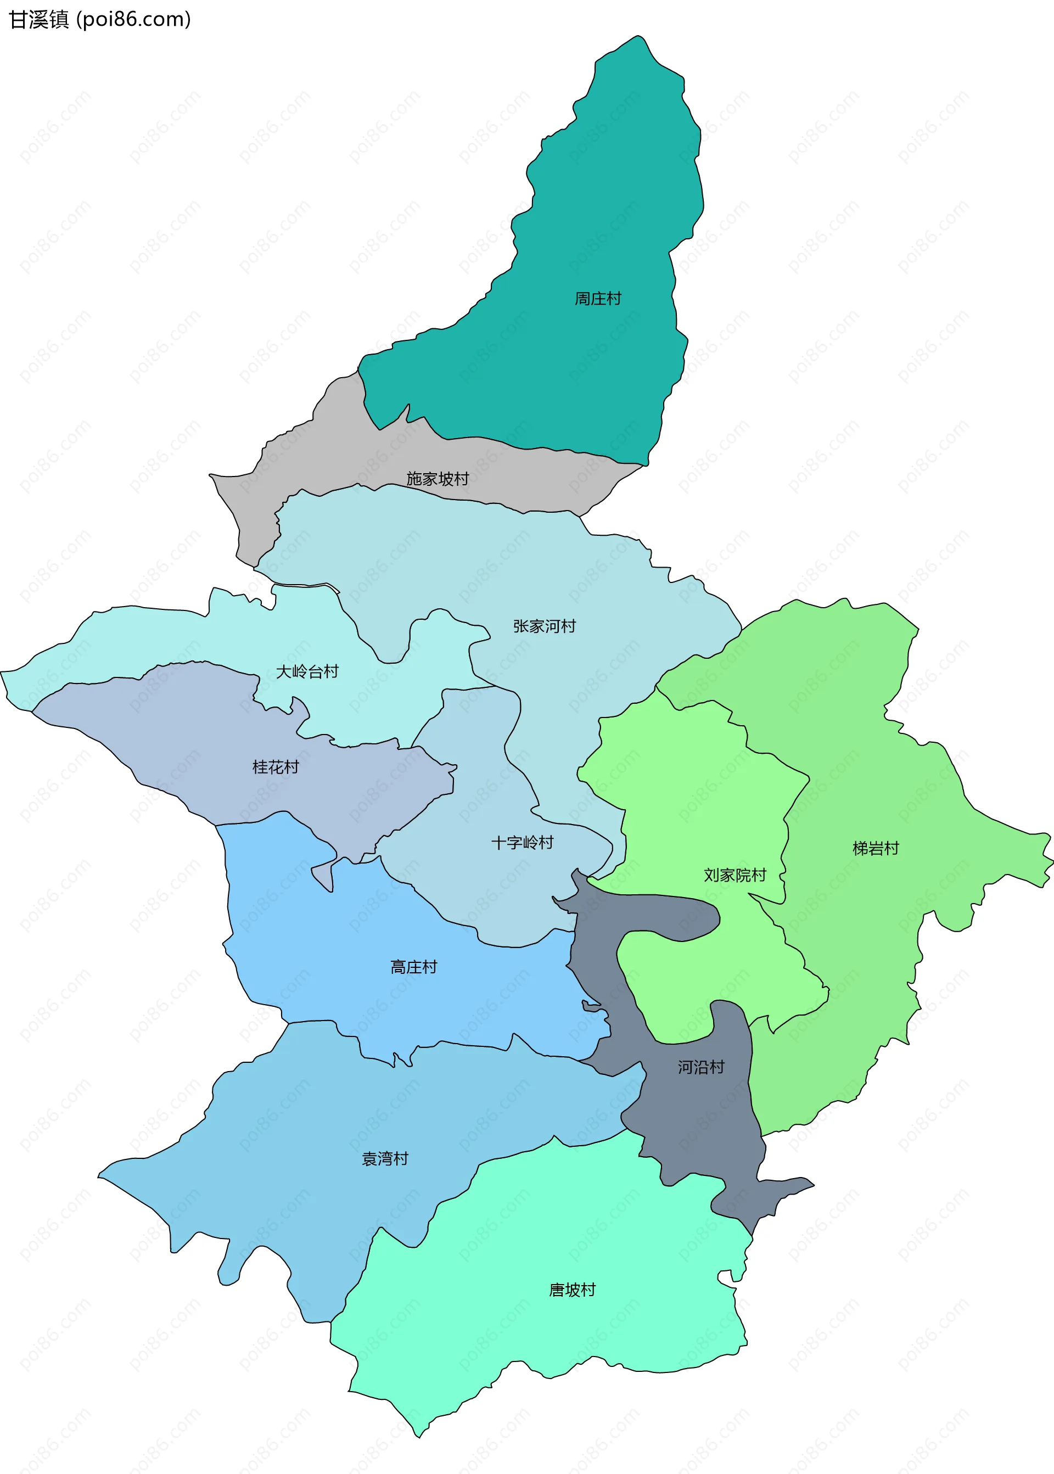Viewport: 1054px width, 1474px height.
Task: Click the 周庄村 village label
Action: pyautogui.click(x=598, y=299)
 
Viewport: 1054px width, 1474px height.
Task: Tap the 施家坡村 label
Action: pyautogui.click(x=438, y=479)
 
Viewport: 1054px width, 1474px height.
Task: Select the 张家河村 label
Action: pyautogui.click(x=544, y=626)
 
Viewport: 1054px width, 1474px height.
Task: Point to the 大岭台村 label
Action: pyautogui.click(x=307, y=672)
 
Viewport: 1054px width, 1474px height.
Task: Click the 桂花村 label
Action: pyautogui.click(x=275, y=767)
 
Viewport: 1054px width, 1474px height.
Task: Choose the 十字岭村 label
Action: pyautogui.click(x=522, y=843)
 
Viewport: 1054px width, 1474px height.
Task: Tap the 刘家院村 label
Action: pyautogui.click(x=735, y=875)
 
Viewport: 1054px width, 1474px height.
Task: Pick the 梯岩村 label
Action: pyautogui.click(x=876, y=848)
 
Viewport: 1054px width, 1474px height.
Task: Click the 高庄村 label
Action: pyautogui.click(x=413, y=967)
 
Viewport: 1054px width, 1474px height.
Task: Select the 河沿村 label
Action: pyautogui.click(x=701, y=1067)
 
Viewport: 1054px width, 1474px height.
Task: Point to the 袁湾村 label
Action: pyautogui.click(x=385, y=1158)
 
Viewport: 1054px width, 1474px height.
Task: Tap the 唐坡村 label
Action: pyautogui.click(x=572, y=1290)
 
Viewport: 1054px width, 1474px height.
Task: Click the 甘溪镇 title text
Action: pyautogui.click(x=38, y=19)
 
